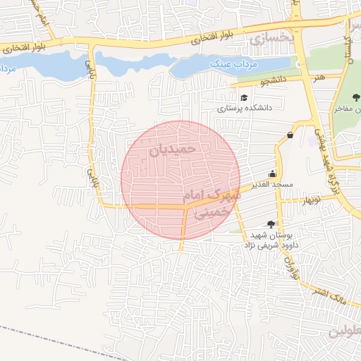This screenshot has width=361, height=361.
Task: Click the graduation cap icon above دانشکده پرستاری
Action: (x=244, y=98)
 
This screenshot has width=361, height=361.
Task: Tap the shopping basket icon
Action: (x=290, y=135)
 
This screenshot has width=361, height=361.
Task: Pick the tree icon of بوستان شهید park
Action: (x=271, y=224)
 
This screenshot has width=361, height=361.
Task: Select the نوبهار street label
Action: (x=310, y=201)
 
